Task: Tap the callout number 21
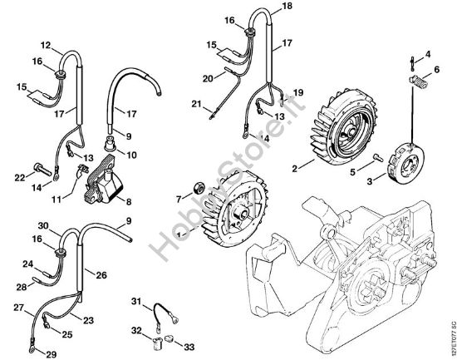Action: coord(196,104)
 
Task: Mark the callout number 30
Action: coord(43,224)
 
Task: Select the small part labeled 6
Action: coord(411,78)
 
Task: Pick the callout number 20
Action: coord(208,78)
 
